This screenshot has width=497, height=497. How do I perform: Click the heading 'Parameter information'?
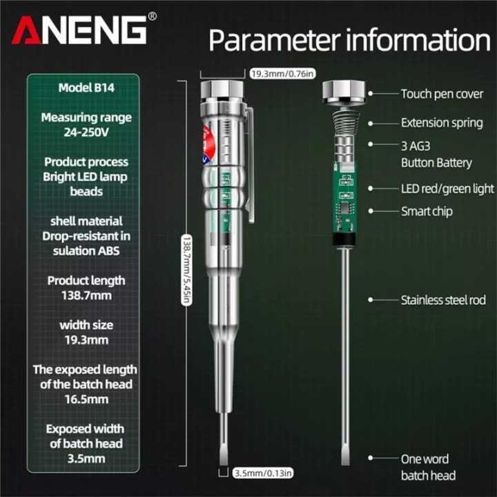pyautogui.click(x=349, y=40)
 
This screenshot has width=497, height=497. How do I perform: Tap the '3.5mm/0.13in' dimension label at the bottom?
pyautogui.click(x=263, y=473)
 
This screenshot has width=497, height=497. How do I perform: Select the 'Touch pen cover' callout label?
pyautogui.click(x=442, y=93)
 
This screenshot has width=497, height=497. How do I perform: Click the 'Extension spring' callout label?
pyautogui.click(x=442, y=123)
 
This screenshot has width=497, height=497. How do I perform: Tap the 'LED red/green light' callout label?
pyautogui.click(x=447, y=188)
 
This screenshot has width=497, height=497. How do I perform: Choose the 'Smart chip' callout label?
pyautogui.click(x=427, y=211)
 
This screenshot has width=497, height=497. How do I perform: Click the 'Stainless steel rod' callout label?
pyautogui.click(x=443, y=300)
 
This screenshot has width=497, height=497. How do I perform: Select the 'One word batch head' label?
pyautogui.click(x=428, y=467)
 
